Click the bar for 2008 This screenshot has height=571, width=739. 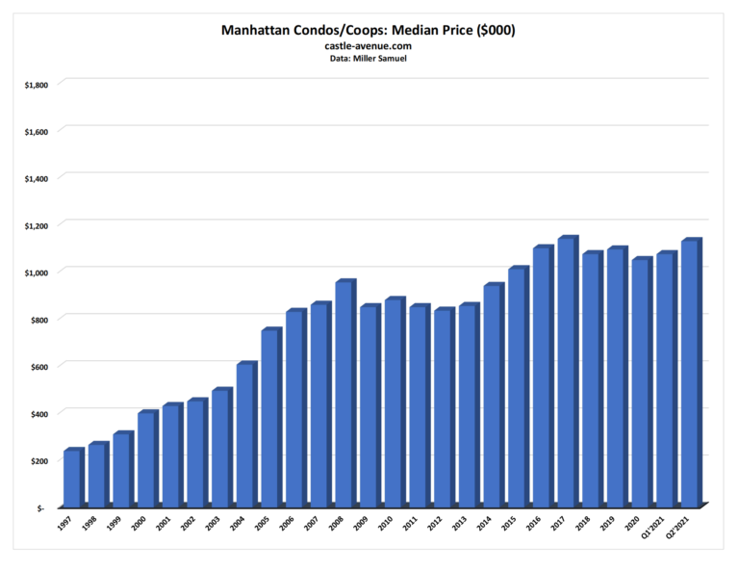(344, 395)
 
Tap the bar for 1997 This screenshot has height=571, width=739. (71, 479)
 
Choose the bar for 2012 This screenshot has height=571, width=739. (443, 408)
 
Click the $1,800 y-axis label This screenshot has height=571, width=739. (37, 85)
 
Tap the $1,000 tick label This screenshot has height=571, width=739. (37, 273)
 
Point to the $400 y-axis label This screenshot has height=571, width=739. (38, 413)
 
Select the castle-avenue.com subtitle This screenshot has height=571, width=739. (369, 46)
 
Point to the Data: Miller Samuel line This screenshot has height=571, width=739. (369, 59)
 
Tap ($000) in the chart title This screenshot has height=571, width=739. (491, 31)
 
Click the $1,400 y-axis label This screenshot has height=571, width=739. (37, 178)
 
